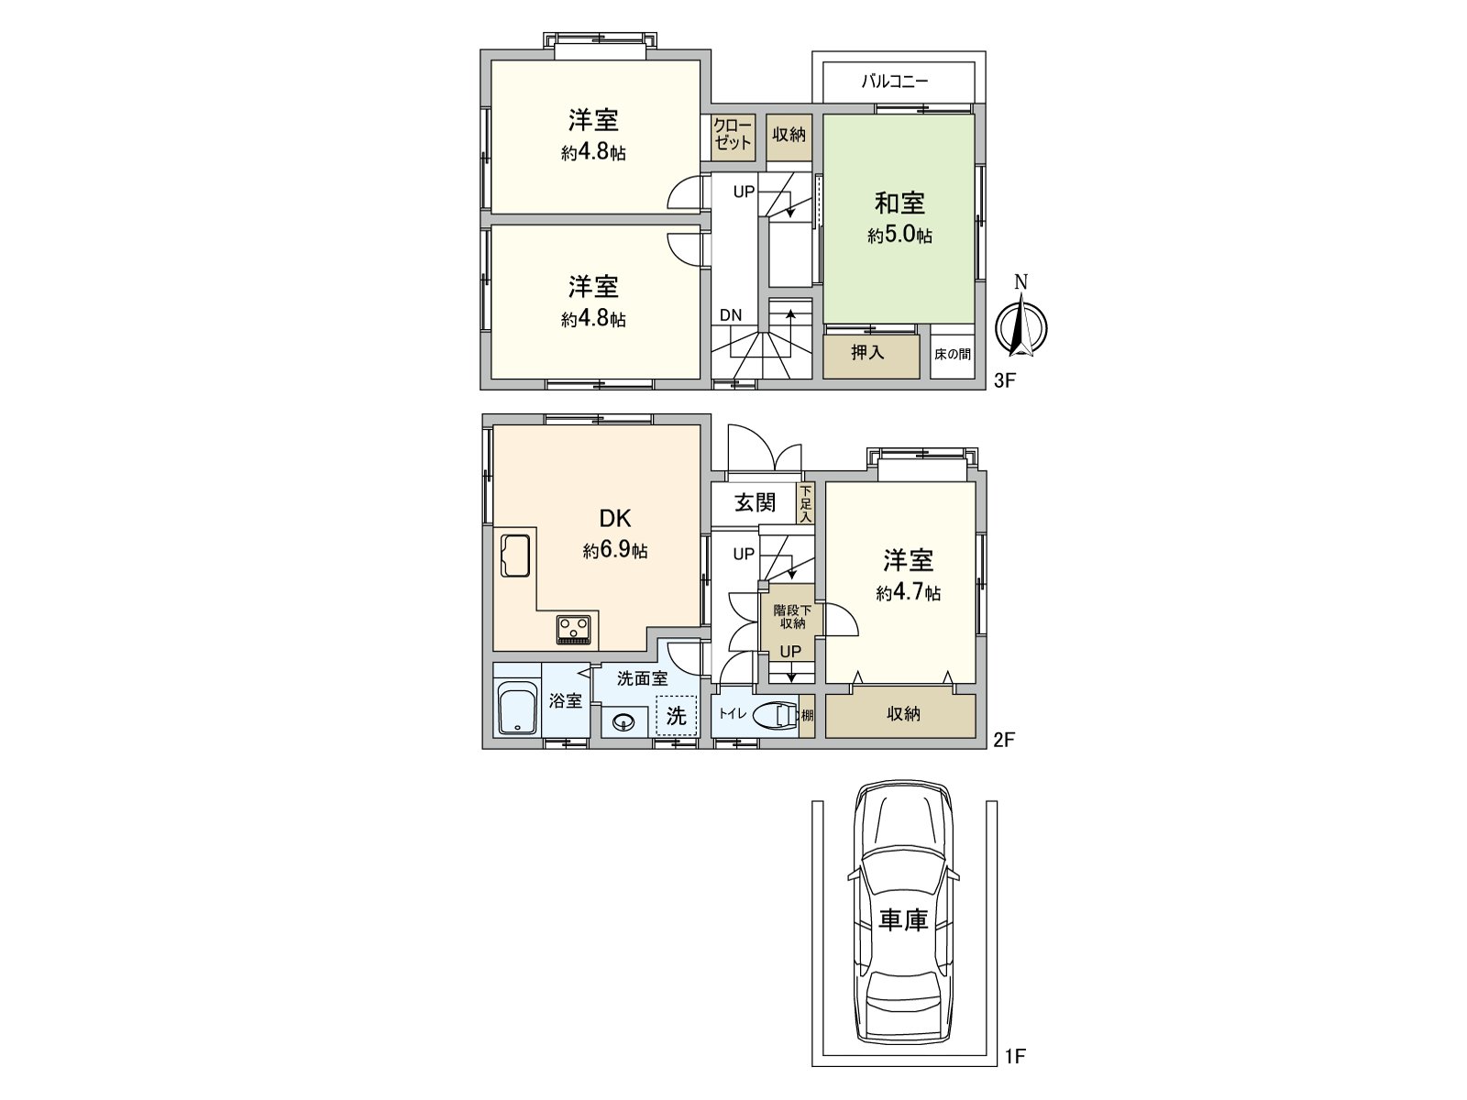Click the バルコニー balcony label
[894, 82]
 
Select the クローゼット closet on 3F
[733, 135]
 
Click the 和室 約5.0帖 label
[899, 217]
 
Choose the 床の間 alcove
[953, 354]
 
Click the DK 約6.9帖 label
[614, 533]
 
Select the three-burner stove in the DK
[575, 630]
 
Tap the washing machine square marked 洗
[676, 716]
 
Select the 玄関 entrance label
[756, 502]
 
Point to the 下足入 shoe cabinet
[805, 504]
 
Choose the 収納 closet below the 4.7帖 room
[901, 714]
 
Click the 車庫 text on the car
[903, 919]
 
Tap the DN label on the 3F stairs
[731, 315]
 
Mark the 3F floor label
[1006, 380]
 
